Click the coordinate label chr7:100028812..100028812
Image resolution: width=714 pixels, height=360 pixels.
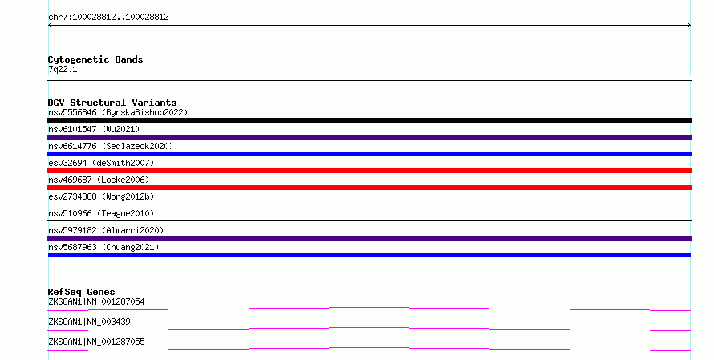tap(108, 17)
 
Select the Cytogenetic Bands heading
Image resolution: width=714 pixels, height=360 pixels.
tap(95, 59)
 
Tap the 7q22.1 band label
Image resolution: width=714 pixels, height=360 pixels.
tap(63, 69)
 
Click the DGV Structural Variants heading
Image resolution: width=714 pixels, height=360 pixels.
tap(112, 103)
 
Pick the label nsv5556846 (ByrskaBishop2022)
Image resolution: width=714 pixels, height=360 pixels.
tap(118, 112)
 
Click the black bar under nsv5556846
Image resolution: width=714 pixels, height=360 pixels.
tap(369, 120)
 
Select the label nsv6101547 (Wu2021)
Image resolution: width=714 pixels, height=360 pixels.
tap(94, 129)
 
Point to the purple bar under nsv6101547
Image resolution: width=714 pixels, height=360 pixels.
tap(369, 137)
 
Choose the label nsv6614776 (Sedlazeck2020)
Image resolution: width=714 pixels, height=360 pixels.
tap(111, 146)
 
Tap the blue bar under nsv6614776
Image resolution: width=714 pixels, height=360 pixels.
tap(369, 154)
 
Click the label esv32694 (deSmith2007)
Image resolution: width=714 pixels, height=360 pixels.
tap(101, 163)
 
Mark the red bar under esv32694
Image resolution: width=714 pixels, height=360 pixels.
tap(369, 171)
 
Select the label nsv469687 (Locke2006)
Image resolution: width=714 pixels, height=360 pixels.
tap(99, 180)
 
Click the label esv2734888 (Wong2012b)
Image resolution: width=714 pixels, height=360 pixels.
tap(101, 196)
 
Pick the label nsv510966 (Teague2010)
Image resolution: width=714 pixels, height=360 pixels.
tap(101, 213)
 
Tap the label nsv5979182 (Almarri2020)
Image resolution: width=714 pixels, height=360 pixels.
tap(106, 230)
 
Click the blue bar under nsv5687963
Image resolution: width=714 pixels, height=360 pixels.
tap(369, 255)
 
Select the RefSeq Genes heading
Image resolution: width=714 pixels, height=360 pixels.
tap(81, 292)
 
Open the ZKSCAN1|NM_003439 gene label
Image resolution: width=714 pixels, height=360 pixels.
tap(89, 322)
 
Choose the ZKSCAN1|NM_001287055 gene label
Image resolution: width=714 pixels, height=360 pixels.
tap(96, 342)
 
